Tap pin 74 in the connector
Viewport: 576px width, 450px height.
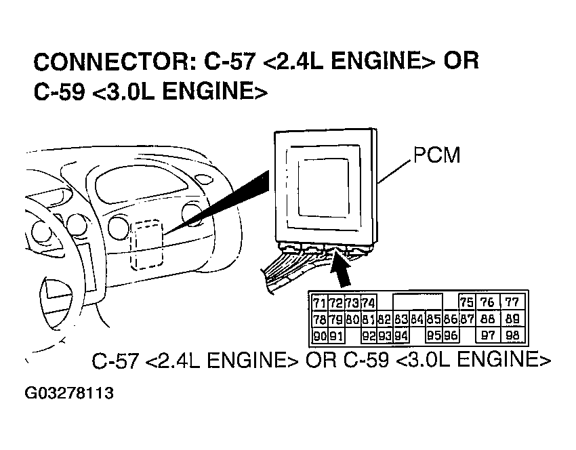tap(369, 303)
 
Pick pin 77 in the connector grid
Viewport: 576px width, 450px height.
tap(512, 303)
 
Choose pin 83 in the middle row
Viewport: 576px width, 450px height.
tap(401, 319)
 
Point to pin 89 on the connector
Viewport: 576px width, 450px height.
tap(512, 319)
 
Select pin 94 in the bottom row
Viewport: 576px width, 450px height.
tap(401, 335)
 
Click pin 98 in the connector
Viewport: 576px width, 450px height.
tap(512, 335)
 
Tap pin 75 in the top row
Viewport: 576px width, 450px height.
tap(466, 303)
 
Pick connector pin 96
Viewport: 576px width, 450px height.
tap(451, 335)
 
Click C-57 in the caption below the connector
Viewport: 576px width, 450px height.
tap(116, 361)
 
